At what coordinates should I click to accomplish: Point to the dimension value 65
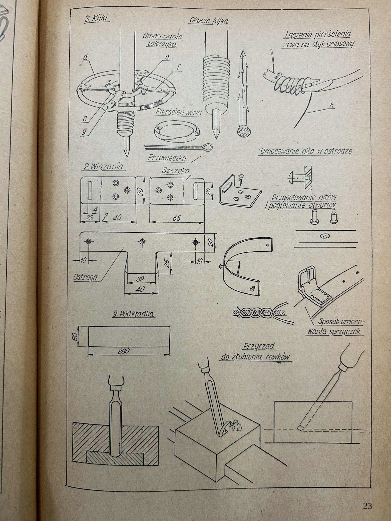click(176, 218)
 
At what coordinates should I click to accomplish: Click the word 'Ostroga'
click(85, 277)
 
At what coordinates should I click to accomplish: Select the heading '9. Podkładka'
click(133, 314)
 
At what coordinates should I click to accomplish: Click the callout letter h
click(331, 105)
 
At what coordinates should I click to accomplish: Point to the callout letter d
click(86, 57)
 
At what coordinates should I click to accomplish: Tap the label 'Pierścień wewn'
click(178, 112)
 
